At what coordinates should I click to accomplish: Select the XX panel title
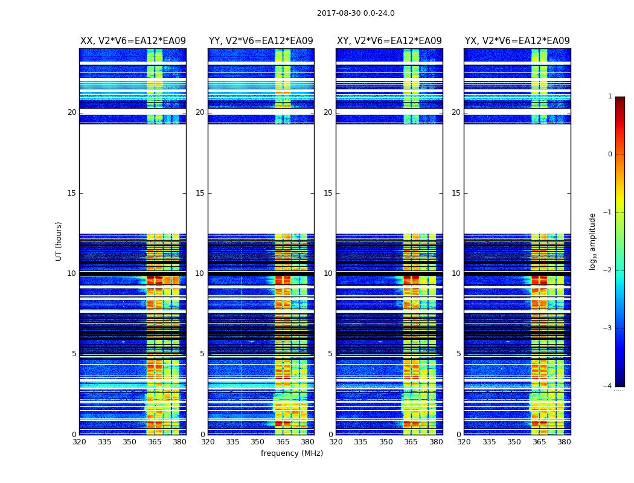[133, 41]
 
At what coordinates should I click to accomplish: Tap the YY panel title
[261, 41]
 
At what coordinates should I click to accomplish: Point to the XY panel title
[389, 41]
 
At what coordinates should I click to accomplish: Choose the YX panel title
[517, 41]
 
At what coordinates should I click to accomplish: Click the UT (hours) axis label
[59, 241]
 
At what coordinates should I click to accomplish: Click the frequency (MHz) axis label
[292, 453]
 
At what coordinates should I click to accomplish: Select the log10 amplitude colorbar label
[593, 241]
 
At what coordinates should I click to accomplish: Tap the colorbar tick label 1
[609, 97]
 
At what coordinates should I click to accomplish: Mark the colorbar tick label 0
[609, 155]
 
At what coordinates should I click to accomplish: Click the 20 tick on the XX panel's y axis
[72, 112]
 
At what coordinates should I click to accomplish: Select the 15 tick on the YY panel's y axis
[200, 193]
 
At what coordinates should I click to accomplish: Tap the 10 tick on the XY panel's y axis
[328, 273]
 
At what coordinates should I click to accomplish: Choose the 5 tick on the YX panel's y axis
[458, 354]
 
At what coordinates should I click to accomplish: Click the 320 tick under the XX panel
[80, 442]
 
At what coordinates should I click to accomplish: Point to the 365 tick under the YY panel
[283, 442]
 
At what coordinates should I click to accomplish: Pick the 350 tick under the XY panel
[386, 442]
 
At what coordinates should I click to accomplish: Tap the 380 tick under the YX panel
[564, 442]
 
